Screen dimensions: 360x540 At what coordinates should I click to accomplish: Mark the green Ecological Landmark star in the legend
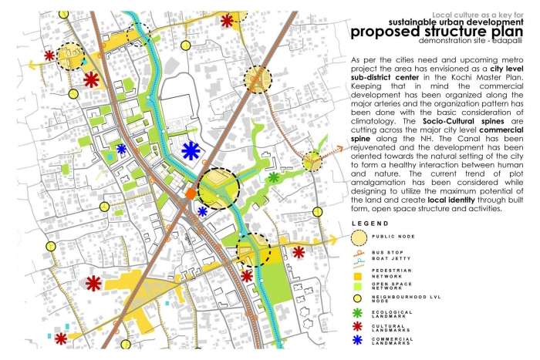tap(358, 313)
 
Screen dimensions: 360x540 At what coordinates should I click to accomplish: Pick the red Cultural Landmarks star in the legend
tap(358, 327)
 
